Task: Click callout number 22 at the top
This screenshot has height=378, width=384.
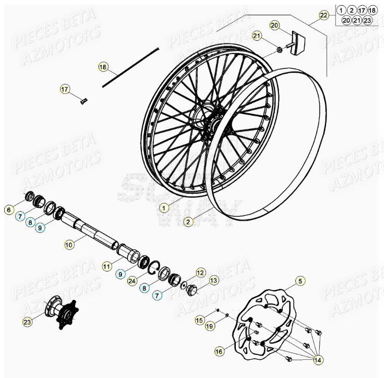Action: point(324,16)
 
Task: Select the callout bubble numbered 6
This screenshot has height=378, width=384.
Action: point(8,210)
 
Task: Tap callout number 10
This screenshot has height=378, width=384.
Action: point(69,243)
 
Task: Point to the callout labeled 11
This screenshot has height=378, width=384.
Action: point(106,266)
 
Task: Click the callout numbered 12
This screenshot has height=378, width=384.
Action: point(200,272)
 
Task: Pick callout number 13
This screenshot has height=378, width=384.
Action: point(213,281)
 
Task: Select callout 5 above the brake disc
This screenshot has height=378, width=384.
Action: point(300,282)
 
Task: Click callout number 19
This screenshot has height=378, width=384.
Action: point(209,326)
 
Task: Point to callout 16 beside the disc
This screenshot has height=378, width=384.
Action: point(219,352)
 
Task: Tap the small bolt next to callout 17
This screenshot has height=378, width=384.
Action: point(83,101)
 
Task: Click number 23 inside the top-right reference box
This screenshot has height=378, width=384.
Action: point(368,20)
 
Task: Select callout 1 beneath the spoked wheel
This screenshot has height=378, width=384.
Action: point(164,208)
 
